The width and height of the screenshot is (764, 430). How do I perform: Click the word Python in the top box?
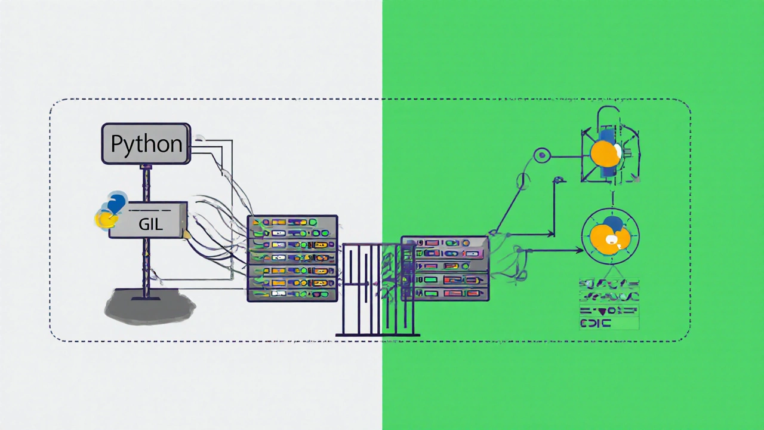tap(146, 144)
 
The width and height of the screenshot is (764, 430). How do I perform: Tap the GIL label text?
tap(150, 225)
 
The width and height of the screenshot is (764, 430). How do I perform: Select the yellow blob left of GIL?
tap(106, 220)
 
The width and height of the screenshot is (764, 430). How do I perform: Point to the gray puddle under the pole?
tap(149, 307)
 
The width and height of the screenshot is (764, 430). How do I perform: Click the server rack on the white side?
tap(292, 258)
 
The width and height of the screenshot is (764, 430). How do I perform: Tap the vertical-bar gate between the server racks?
tap(377, 290)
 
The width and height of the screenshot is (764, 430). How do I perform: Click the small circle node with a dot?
tap(541, 156)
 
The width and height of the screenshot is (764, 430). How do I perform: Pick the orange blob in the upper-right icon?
tap(604, 154)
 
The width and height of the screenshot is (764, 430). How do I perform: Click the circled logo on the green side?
tap(610, 236)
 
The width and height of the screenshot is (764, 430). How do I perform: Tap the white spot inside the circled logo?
tap(612, 240)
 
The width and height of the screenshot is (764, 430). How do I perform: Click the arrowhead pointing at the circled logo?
tap(580, 250)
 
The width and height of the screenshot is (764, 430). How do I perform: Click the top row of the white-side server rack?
tap(292, 222)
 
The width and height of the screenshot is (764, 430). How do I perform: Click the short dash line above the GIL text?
tap(150, 210)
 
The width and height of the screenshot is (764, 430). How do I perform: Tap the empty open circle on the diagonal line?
tap(523, 180)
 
